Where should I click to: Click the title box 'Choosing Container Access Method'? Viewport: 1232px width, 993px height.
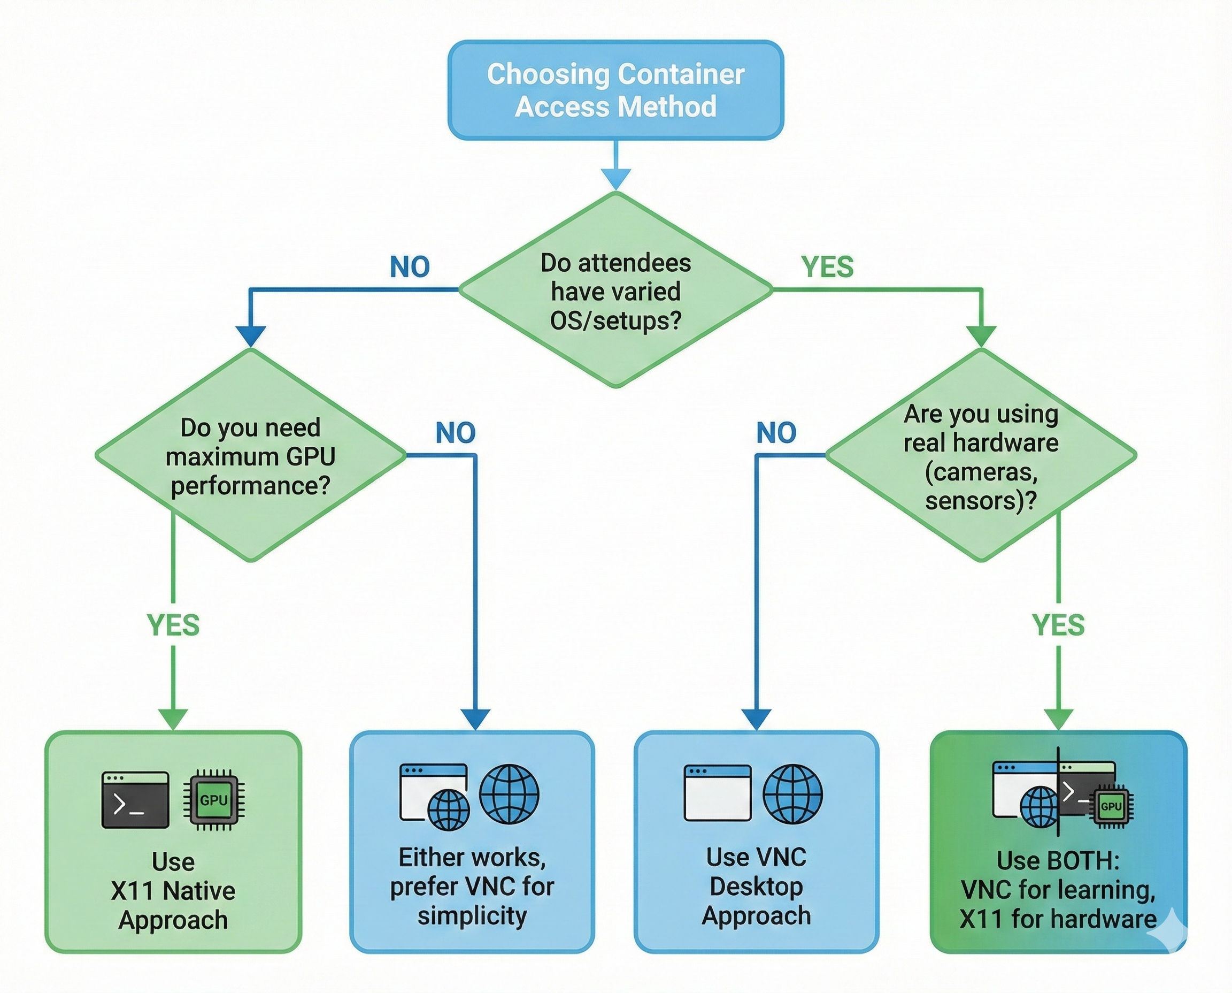click(x=615, y=90)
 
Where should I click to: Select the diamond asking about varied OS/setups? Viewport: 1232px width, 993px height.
click(x=615, y=291)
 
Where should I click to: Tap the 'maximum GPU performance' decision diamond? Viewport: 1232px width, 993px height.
click(x=250, y=456)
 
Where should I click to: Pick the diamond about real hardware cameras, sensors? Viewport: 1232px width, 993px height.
click(x=981, y=456)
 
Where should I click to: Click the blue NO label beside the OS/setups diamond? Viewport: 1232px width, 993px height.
click(x=410, y=266)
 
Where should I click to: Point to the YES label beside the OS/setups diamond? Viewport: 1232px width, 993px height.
click(x=827, y=266)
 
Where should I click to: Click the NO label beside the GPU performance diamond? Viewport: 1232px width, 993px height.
click(x=456, y=432)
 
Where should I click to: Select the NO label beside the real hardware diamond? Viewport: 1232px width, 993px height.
click(x=776, y=432)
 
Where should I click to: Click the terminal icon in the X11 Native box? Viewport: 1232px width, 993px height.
click(x=135, y=800)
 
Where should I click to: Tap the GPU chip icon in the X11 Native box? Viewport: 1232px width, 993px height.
click(x=214, y=800)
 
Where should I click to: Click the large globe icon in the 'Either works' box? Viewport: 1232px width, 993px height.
click(x=509, y=794)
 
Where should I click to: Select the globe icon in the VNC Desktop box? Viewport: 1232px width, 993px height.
click(x=793, y=794)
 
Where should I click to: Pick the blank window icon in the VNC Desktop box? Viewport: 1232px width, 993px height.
click(x=718, y=792)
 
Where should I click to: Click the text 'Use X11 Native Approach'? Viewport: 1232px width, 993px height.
click(x=173, y=891)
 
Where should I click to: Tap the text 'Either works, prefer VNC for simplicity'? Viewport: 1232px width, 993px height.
click(x=472, y=886)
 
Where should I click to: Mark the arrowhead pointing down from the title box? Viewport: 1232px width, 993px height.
click(x=615, y=179)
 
